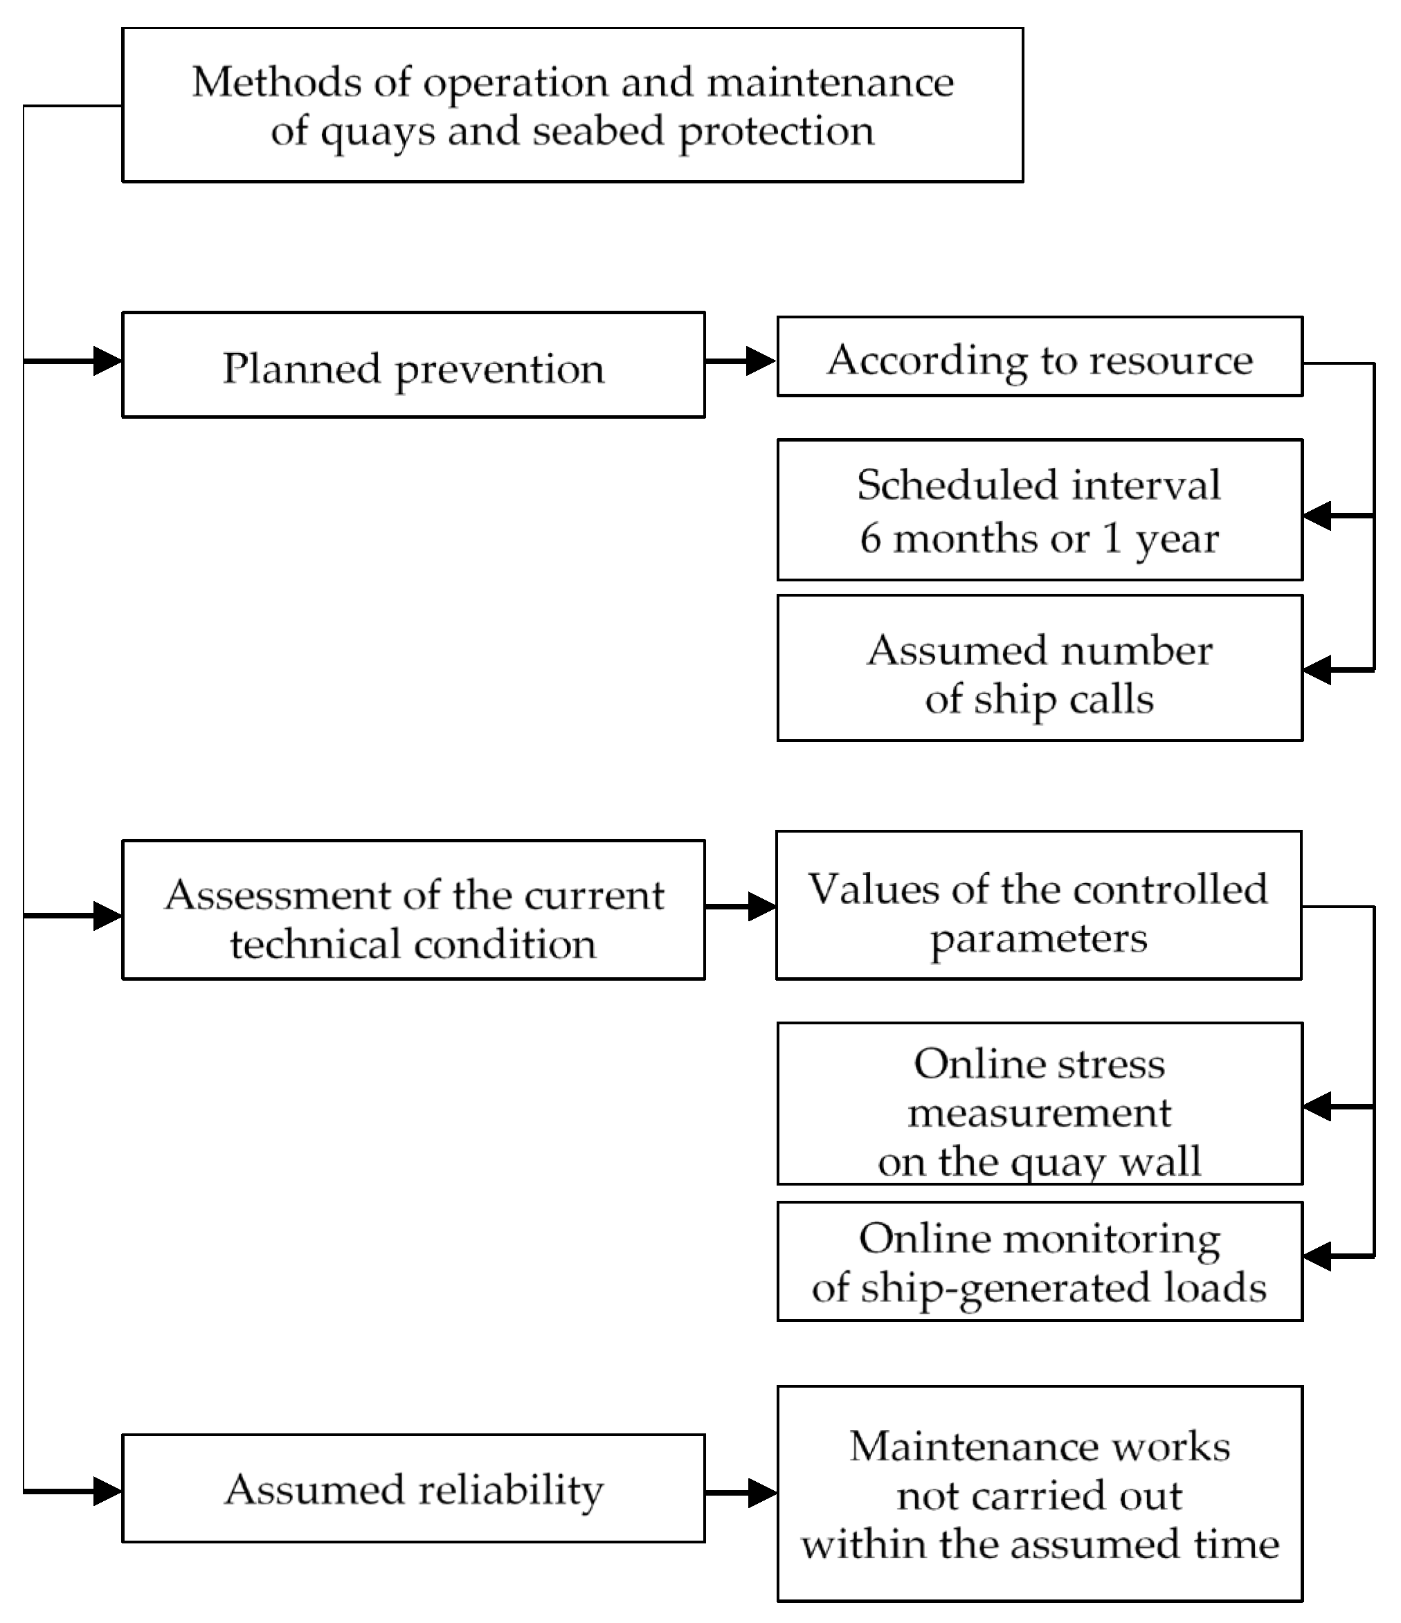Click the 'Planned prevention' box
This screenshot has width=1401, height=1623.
pos(413,365)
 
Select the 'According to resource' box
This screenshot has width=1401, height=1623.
pos(1039,357)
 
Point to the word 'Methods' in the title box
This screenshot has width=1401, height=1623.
pos(275,82)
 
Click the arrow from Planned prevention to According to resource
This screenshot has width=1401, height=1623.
pos(741,361)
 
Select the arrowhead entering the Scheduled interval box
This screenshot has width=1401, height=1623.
pos(1318,516)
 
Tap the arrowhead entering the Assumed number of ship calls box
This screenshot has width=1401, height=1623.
pos(1318,671)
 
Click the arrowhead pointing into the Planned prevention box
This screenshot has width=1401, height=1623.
pos(107,361)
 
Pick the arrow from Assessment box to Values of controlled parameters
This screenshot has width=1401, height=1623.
pos(741,907)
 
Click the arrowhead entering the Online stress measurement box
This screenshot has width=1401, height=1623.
pos(1318,1107)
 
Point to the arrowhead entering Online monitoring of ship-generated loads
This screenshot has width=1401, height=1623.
pos(1318,1256)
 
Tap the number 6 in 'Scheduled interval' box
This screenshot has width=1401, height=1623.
pos(871,539)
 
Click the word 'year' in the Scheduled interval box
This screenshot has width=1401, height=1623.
pos(1177,541)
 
